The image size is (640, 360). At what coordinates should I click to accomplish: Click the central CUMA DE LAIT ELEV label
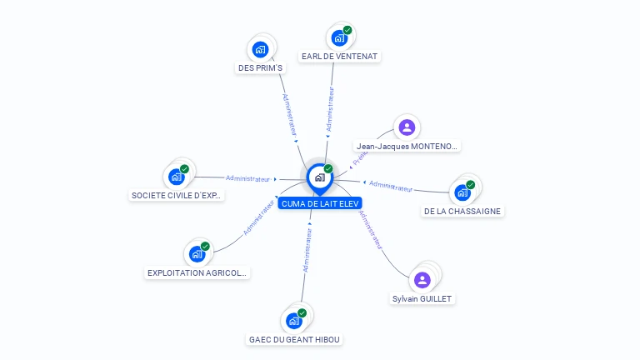(320, 203)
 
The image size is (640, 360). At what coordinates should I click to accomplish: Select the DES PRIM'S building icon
(260, 49)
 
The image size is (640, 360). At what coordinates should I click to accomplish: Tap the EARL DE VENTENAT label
(339, 57)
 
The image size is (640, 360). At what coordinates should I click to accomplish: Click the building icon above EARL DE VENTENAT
(338, 37)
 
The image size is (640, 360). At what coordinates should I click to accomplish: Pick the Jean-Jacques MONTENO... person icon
(407, 127)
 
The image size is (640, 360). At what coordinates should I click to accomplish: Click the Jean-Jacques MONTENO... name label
(407, 146)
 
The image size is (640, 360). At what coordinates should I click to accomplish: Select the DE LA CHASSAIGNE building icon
(462, 192)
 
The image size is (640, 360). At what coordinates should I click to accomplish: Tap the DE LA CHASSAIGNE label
(462, 211)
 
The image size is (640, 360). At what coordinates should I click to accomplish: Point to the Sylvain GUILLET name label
(423, 298)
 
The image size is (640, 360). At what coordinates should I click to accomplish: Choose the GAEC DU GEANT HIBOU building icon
(293, 321)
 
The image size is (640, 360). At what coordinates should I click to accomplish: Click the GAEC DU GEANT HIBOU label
(295, 339)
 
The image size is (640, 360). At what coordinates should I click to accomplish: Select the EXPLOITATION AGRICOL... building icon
(197, 253)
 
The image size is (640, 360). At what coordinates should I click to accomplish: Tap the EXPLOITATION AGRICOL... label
(197, 272)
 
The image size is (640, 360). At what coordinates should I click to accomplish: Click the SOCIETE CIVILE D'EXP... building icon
(176, 177)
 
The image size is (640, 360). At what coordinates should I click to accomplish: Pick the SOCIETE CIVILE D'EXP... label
(177, 196)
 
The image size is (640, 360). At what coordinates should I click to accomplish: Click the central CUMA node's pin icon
(319, 177)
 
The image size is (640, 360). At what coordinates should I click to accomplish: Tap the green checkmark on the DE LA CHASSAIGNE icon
(470, 185)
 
